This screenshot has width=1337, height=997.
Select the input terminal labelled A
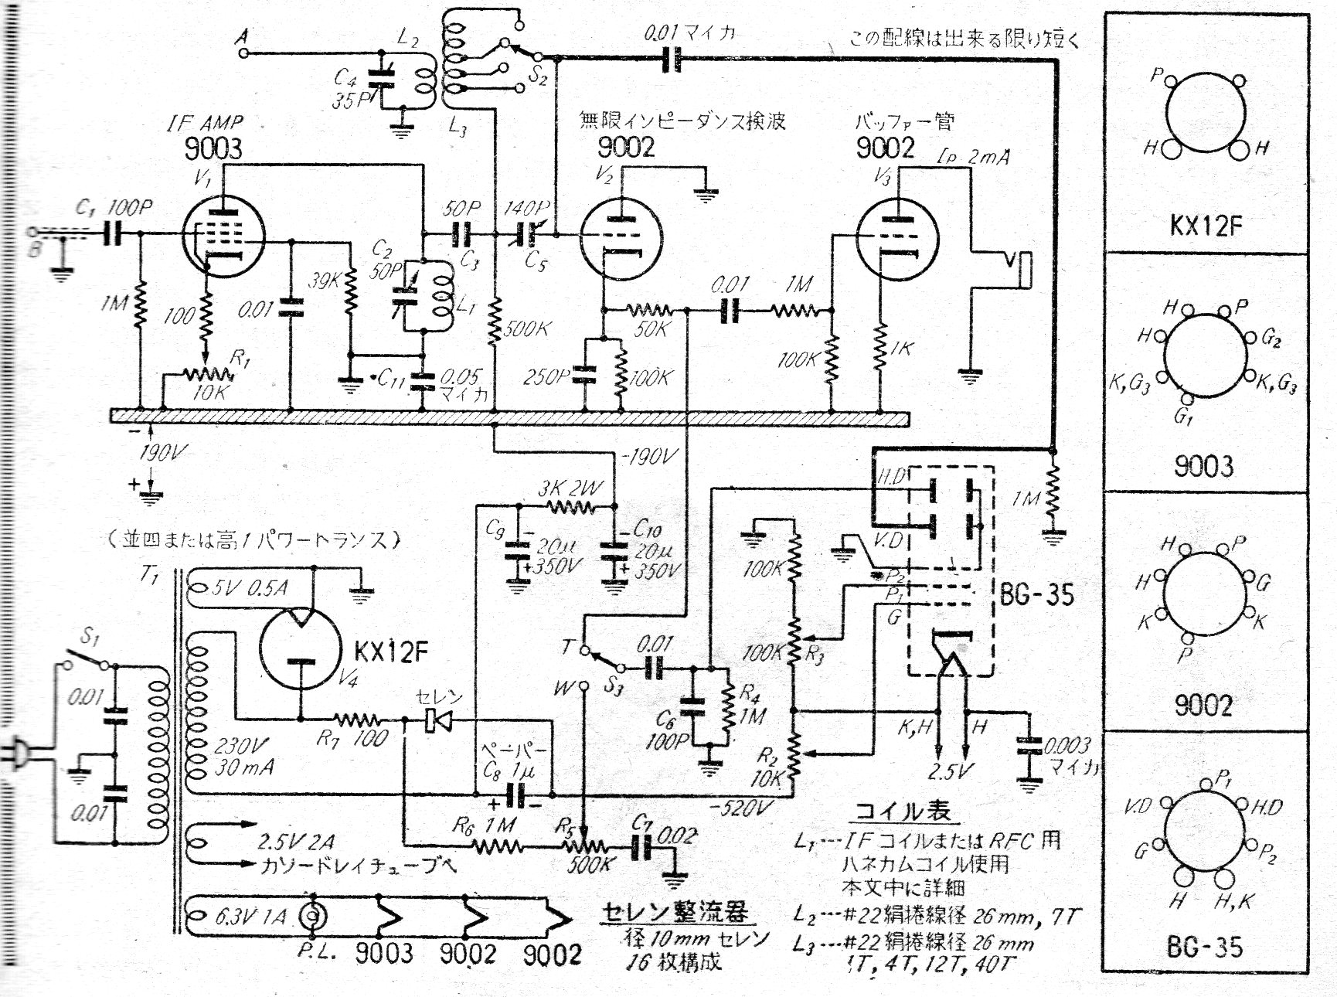coord(244,53)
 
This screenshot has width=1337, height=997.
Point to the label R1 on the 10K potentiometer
coord(241,359)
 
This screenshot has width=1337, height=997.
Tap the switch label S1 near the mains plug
coord(90,638)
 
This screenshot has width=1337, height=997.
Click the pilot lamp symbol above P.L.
coord(313,917)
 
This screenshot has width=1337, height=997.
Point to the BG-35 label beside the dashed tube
coord(1036,594)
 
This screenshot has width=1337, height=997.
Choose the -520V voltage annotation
coord(742,808)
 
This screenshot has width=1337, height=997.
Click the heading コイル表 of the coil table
coord(901,811)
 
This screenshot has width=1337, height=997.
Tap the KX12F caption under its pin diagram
coord(1204,226)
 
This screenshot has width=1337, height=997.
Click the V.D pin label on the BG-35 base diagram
coord(1136,807)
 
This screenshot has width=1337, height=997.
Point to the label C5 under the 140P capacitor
coord(535,261)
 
